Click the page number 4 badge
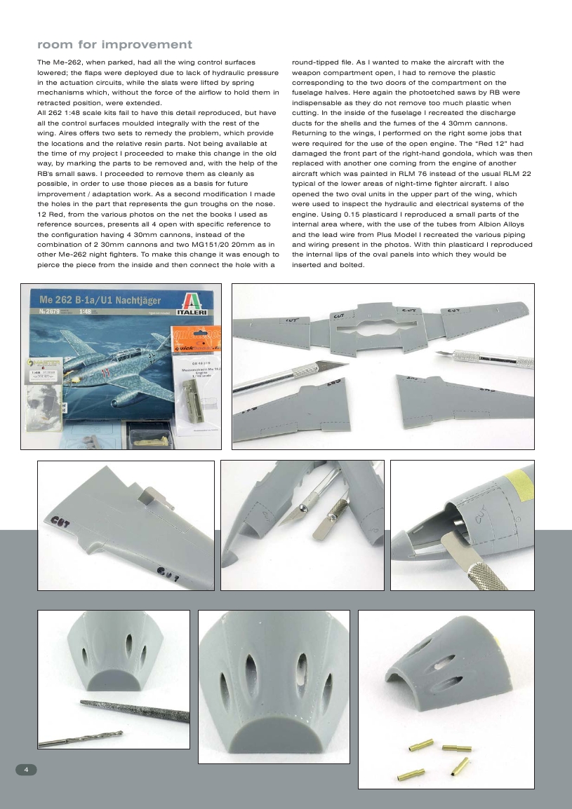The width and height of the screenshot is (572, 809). [x=26, y=769]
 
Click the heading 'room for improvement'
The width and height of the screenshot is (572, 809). [x=114, y=45]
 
